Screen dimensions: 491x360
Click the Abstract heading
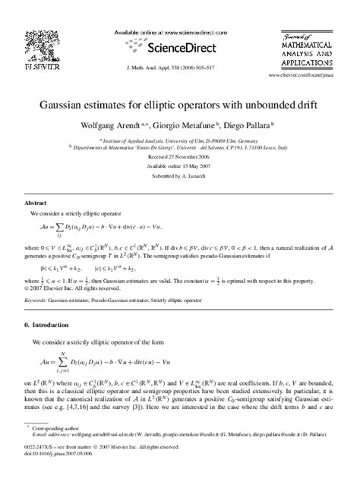pos(36,204)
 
